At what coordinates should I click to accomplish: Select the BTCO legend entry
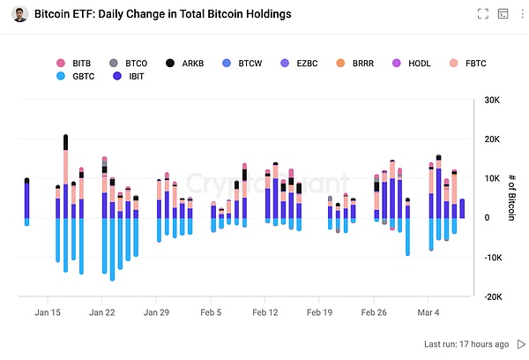point(129,64)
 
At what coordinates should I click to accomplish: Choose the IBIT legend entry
point(129,78)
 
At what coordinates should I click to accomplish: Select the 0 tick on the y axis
point(487,218)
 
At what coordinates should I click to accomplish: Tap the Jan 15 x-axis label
point(48,312)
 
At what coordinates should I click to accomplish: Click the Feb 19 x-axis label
point(319,312)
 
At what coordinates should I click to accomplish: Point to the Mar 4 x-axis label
point(428,312)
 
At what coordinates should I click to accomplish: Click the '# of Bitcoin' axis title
point(510,198)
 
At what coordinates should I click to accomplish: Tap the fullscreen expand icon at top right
point(482,14)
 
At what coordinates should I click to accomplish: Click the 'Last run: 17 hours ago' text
point(466,344)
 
